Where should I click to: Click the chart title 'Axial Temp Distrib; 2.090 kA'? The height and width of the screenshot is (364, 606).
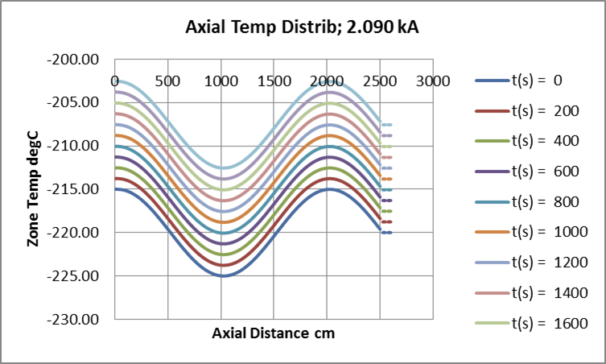point(303,27)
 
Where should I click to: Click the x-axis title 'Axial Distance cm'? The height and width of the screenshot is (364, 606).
point(274,333)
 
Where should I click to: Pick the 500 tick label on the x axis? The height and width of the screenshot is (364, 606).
point(167,81)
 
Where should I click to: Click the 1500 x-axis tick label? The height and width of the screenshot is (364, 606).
point(274,81)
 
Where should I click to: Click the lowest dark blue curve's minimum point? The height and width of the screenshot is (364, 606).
point(222,276)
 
